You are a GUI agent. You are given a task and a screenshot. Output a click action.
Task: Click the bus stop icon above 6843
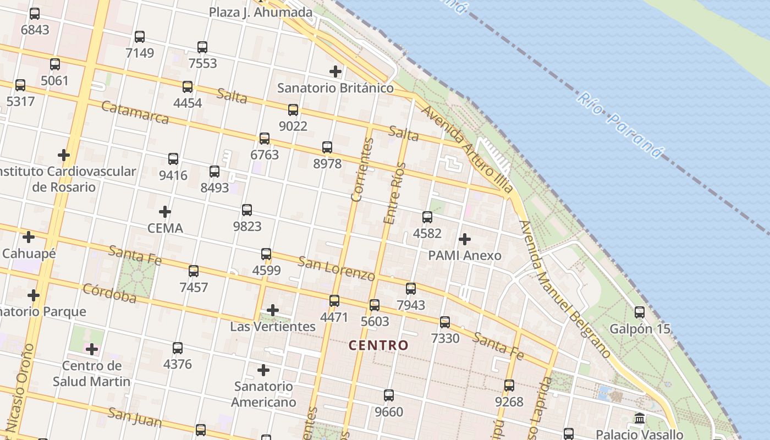[x=35, y=14]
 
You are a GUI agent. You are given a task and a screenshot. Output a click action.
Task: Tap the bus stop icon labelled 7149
[x=140, y=37]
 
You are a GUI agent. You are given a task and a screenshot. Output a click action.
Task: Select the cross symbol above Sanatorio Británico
[x=335, y=71]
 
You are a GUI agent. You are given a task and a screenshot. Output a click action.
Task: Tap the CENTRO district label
[x=379, y=345]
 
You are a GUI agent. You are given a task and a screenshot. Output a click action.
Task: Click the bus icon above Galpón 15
[x=640, y=312]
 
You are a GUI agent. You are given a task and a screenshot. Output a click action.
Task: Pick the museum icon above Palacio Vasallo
[x=640, y=419]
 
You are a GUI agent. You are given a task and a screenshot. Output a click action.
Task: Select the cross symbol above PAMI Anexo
[x=465, y=239]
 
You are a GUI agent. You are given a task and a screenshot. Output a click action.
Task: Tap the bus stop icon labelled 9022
[x=293, y=110]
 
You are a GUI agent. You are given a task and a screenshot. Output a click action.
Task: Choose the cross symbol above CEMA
[x=165, y=212]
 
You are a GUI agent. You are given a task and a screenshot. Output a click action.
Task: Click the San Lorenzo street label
[x=336, y=268]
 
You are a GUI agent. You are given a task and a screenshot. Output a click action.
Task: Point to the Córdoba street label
[x=109, y=293]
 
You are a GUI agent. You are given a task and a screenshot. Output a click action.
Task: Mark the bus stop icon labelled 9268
[x=509, y=386]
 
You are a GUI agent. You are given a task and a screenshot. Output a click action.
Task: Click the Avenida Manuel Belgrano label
[x=565, y=289]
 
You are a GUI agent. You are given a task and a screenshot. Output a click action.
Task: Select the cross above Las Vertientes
[x=273, y=310]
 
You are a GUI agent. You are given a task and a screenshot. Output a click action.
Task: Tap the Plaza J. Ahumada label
[x=261, y=12]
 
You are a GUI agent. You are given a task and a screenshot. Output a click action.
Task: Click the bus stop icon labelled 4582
[x=427, y=217]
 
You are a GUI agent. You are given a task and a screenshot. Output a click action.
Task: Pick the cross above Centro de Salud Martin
[x=92, y=349]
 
